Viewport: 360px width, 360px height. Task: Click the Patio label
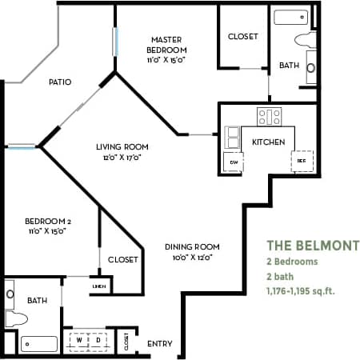coord(60,82)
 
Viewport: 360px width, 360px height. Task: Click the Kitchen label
coord(269,142)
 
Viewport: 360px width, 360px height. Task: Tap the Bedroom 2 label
coord(38,220)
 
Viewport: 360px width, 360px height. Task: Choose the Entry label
coord(160,344)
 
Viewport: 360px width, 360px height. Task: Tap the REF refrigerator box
coord(302,161)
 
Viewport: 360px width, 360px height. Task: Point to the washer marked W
coord(80,339)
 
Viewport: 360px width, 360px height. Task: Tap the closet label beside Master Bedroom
coord(242,37)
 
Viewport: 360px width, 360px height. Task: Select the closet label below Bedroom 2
coord(122,259)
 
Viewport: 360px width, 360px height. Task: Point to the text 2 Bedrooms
coord(292,262)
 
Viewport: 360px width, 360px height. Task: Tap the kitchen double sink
coord(233,137)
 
